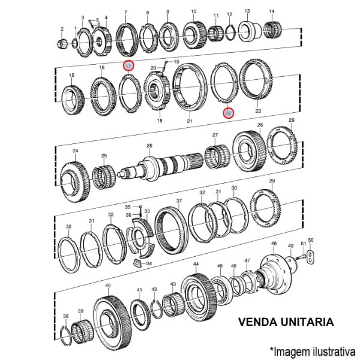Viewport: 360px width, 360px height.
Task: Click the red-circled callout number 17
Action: coord(128,67)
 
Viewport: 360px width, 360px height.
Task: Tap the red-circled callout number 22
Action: coord(229,113)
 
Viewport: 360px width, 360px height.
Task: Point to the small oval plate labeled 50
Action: coord(310,257)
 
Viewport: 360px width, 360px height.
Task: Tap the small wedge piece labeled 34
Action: coord(138,263)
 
